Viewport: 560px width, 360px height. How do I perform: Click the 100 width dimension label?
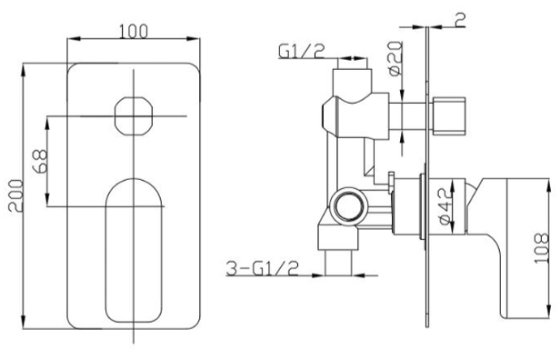coord(133,32)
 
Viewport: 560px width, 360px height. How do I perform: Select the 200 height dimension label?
coord(15,196)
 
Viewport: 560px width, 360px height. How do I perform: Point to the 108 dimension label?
coord(541,248)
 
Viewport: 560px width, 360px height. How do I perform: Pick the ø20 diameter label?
coord(395,58)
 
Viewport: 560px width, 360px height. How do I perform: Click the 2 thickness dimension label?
coord(461,20)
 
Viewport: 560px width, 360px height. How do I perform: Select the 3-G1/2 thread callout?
coord(263,268)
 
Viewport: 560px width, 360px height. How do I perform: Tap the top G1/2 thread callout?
coord(302,51)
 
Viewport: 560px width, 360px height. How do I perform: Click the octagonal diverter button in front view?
coord(134,116)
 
